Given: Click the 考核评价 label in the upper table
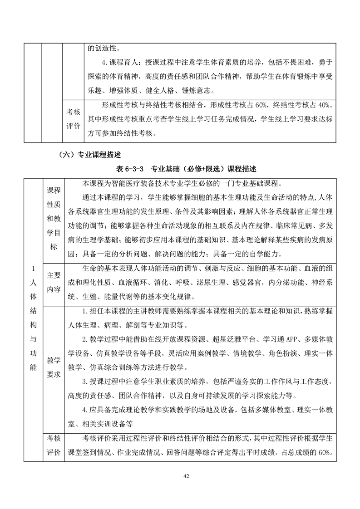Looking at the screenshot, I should (73, 119).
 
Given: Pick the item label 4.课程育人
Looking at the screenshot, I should (119, 63).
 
